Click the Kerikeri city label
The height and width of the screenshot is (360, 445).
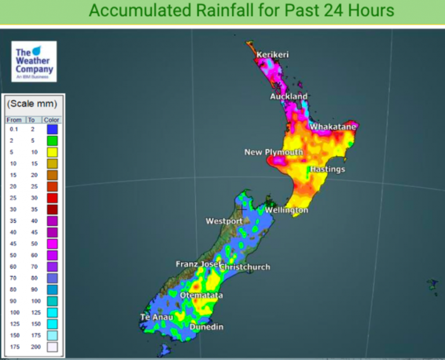tap(272, 55)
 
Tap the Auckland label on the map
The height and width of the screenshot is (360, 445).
tap(289, 96)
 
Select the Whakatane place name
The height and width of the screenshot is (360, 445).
tap(334, 126)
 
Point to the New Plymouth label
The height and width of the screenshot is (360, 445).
tap(273, 152)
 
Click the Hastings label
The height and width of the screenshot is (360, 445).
tap(327, 169)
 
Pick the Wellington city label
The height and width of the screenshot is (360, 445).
tap(286, 210)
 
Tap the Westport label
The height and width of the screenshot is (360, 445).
tap(224, 221)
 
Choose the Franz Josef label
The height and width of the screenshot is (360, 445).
tap(198, 264)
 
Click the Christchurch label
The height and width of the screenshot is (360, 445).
tap(245, 267)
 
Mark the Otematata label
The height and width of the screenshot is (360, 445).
tap(201, 296)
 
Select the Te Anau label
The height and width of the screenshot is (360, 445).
tap(156, 318)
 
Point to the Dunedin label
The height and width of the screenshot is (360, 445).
tap(207, 328)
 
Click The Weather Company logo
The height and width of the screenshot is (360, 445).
tap(34, 61)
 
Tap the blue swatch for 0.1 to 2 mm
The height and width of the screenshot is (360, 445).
tap(53, 129)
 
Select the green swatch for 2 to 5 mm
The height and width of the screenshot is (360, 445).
tap(53, 140)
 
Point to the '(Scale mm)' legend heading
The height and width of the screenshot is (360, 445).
tap(32, 104)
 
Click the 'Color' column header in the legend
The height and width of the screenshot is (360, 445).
tap(53, 120)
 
